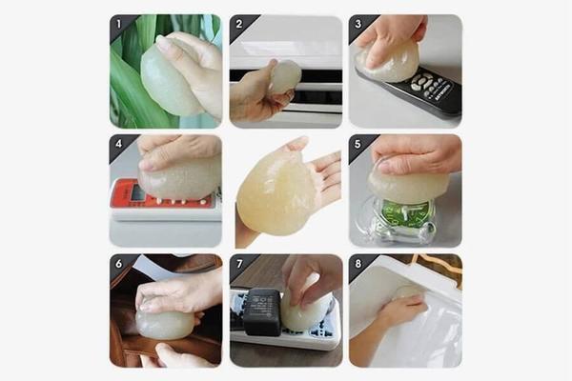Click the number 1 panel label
(x=118, y=24)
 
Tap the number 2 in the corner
(x=239, y=24)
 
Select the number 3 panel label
(x=358, y=24)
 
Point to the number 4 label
(x=118, y=144)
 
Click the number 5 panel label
(x=357, y=144)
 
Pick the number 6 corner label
(x=118, y=264)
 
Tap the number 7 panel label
(x=239, y=264)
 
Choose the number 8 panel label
(x=358, y=264)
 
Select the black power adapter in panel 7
(x=263, y=311)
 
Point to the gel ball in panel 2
(x=286, y=75)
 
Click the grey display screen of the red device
(x=138, y=192)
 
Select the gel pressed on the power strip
(x=305, y=310)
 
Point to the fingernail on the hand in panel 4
(x=147, y=167)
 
